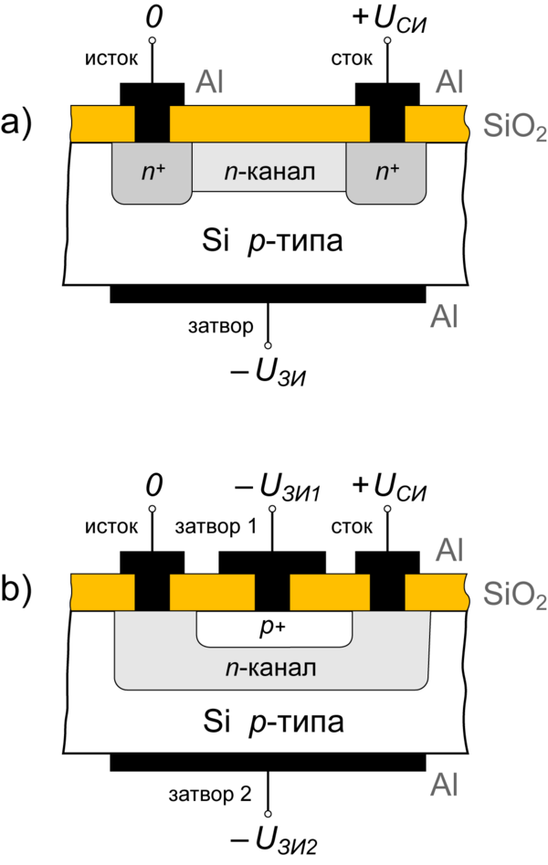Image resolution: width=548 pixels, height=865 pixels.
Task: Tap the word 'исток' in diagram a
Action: click(111, 60)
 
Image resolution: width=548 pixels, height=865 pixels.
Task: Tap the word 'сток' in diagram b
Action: click(352, 528)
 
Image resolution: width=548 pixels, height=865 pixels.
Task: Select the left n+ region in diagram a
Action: click(152, 172)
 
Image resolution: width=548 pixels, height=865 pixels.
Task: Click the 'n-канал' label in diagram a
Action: click(269, 171)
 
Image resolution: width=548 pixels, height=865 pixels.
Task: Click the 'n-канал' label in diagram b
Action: click(270, 668)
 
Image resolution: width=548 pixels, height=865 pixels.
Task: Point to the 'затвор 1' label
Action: click(216, 528)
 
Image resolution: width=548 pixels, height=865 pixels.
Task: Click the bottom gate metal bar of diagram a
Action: click(269, 293)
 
